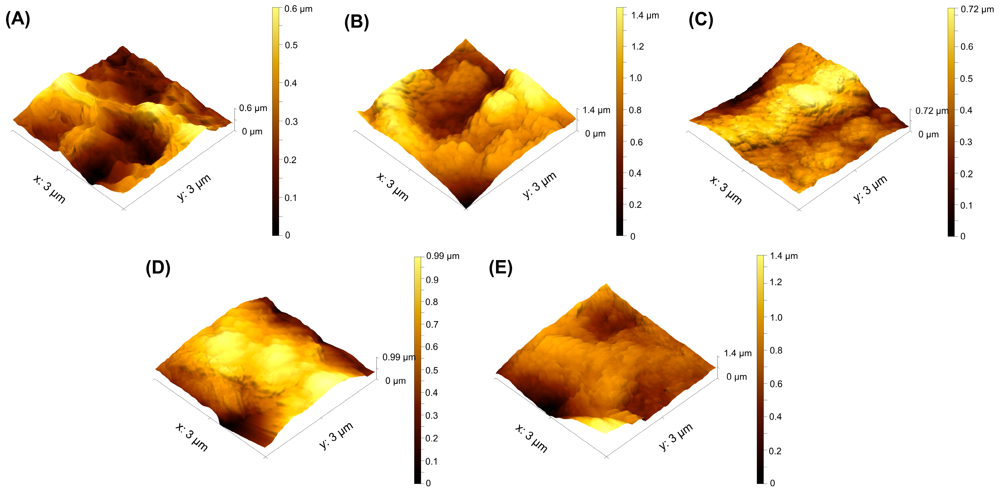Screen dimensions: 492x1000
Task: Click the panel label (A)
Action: coord(18,19)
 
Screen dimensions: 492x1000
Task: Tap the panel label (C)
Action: coord(701,19)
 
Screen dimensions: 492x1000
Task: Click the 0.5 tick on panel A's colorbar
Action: coord(291,45)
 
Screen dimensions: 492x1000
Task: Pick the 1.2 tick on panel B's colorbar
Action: coord(637,47)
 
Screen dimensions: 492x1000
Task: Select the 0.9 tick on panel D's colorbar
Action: coord(432,280)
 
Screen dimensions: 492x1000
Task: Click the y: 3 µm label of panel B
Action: coord(540,185)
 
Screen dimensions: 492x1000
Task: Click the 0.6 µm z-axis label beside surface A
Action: coord(253,108)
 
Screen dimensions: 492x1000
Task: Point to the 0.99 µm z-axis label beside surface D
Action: coord(398,357)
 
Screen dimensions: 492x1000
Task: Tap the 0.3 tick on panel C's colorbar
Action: coord(966,142)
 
